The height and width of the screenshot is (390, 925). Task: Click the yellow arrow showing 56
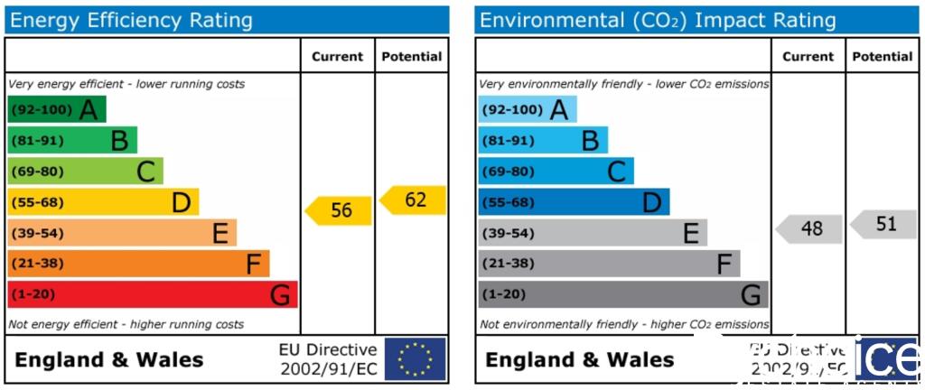tap(339, 210)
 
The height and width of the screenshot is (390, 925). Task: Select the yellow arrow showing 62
tap(414, 200)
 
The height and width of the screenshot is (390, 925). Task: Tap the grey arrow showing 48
tap(809, 228)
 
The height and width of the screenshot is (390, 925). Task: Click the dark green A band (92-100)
tap(56, 109)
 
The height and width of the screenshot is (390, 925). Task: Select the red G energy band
tap(152, 294)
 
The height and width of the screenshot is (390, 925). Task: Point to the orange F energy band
tap(138, 264)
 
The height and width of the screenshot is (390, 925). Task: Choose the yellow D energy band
tap(103, 202)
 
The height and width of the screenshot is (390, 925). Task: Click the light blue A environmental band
tap(527, 109)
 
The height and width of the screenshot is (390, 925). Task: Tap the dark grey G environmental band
tap(622, 294)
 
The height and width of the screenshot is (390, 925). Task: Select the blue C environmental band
tap(556, 172)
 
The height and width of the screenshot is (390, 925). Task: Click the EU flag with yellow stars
tap(415, 358)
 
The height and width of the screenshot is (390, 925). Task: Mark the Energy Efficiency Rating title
tap(132, 21)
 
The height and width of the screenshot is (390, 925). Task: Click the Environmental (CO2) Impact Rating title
tap(658, 21)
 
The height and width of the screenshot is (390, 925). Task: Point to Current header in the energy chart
tap(337, 56)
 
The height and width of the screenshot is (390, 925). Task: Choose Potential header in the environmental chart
tap(883, 56)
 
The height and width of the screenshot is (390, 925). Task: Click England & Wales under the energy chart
tap(109, 359)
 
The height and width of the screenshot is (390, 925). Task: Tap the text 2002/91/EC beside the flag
tap(329, 368)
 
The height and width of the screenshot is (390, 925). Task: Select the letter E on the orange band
tap(220, 234)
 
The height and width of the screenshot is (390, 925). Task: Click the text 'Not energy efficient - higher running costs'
tap(126, 324)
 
